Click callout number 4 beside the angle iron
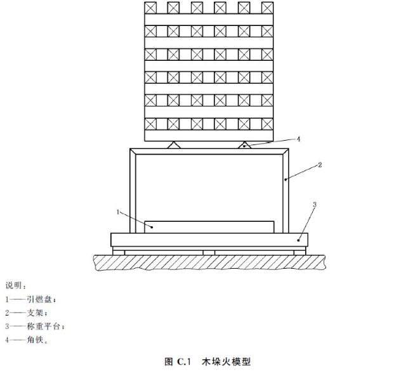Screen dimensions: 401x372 tap(298, 139)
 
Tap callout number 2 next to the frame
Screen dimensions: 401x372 tap(320, 165)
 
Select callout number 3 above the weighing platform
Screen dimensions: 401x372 tap(315, 205)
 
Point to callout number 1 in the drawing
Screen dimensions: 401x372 tap(118, 212)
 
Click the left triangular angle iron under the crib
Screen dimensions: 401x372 tap(174, 145)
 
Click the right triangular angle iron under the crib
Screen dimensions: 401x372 tap(244, 145)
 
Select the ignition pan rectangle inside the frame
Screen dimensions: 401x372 tap(209, 227)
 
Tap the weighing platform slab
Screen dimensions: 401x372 tap(209, 240)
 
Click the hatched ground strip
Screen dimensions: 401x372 tap(210, 262)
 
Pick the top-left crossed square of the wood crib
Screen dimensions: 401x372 tap(150, 8)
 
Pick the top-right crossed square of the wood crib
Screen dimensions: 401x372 tap(268, 8)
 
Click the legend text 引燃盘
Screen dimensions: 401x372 tap(39, 299)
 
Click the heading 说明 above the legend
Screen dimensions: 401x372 tap(14, 285)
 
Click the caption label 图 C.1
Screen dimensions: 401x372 tap(178, 361)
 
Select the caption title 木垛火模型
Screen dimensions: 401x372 tap(226, 361)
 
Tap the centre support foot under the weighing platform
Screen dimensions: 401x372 tap(209, 253)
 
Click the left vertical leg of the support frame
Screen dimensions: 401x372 tap(133, 191)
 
